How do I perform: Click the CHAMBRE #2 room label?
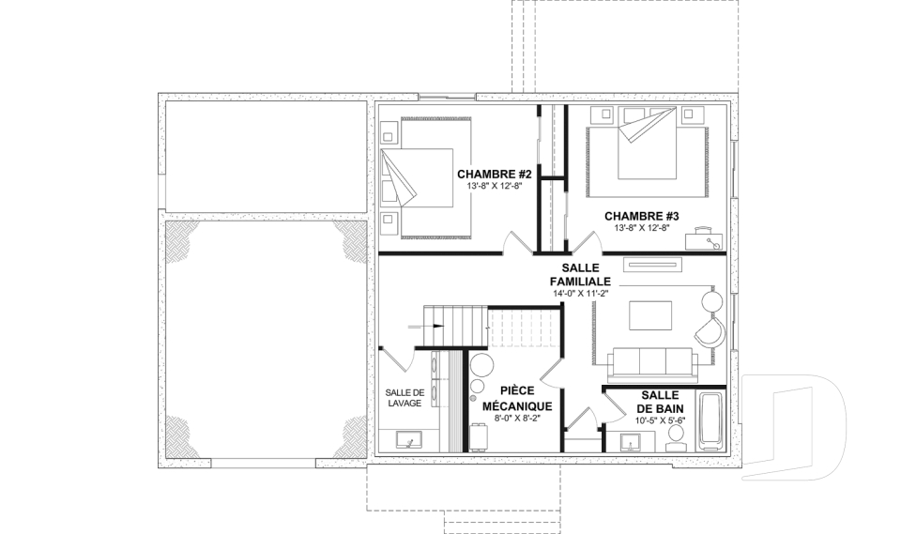[495, 174]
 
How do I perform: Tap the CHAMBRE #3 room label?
[641, 216]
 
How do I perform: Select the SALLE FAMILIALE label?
[580, 275]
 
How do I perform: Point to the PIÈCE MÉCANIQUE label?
[516, 398]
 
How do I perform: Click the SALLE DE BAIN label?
[660, 402]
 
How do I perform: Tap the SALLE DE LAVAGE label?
[405, 398]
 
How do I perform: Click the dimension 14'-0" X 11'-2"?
[580, 293]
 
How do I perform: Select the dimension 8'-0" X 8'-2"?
[516, 419]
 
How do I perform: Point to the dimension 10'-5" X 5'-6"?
[660, 420]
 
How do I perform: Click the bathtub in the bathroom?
[711, 422]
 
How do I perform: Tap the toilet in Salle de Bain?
[676, 441]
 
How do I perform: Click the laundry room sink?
[409, 440]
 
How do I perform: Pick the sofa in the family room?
[653, 364]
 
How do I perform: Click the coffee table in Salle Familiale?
[650, 315]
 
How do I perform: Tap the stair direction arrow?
[426, 326]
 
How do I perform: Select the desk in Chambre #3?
[703, 238]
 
